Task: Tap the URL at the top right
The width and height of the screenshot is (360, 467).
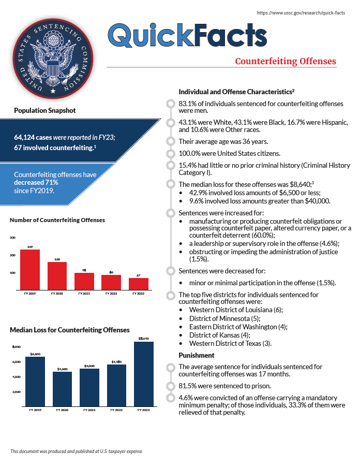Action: coord(301,12)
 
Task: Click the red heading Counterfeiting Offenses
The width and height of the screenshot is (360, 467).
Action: coord(285,62)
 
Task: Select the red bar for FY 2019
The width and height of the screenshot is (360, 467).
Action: coord(30,269)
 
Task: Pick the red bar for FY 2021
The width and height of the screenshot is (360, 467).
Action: coord(84,281)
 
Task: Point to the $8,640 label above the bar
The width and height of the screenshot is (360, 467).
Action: coord(143,339)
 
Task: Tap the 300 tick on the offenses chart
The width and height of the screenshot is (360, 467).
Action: coord(12,238)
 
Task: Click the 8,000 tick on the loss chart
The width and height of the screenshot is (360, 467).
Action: coord(16,346)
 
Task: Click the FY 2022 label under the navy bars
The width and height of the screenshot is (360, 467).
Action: coord(116,410)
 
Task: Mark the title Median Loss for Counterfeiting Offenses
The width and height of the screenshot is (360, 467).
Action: coord(70,330)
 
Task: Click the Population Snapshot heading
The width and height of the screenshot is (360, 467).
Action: coord(45,110)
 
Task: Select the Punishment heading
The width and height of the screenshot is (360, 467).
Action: coord(196,356)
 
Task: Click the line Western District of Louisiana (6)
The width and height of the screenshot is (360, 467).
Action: coord(236,310)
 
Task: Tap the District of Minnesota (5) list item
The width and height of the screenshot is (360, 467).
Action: coord(224,318)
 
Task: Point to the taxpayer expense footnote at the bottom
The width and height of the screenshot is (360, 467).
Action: coord(77,451)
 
